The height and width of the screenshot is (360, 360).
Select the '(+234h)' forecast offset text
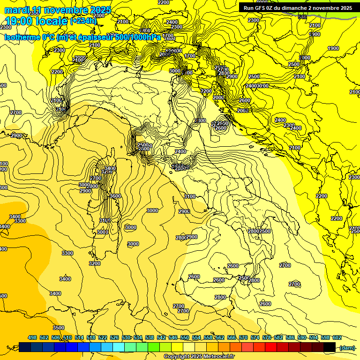pos(83,21)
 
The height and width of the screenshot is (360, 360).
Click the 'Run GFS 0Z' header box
pos(298,8)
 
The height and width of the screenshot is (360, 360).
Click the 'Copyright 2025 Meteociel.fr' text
pos(199,356)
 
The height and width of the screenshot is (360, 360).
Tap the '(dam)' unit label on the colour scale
pos(347,347)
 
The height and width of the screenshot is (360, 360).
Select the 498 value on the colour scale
pos(32,337)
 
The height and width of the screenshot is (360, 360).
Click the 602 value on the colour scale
pos(337,337)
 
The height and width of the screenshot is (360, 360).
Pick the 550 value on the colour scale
pos(185,337)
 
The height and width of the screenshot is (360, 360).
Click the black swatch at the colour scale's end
pos(330,347)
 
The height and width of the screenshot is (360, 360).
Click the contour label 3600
pos(115,196)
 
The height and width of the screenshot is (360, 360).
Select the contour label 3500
pos(59,328)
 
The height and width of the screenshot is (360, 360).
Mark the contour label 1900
pos(333,49)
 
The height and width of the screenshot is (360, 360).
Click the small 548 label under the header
pos(302,17)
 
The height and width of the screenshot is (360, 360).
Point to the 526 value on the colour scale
pos(114,337)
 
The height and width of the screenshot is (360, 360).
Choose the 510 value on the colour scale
pos(67,337)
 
